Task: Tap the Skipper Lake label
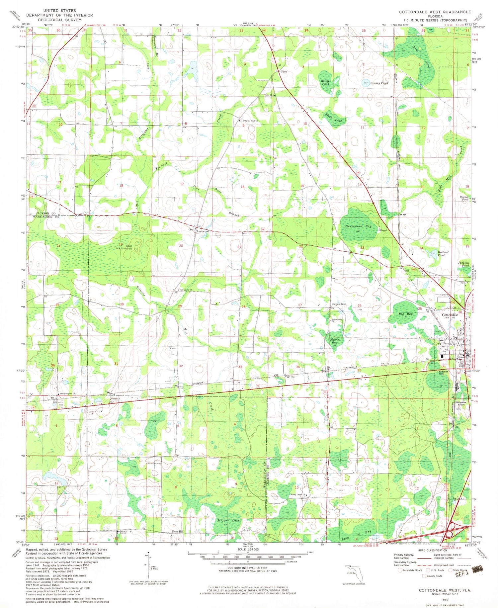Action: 228,520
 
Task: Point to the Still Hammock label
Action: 125,246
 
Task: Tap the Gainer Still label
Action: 339,304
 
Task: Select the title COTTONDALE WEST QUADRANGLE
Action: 435,12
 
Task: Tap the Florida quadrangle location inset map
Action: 354,572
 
